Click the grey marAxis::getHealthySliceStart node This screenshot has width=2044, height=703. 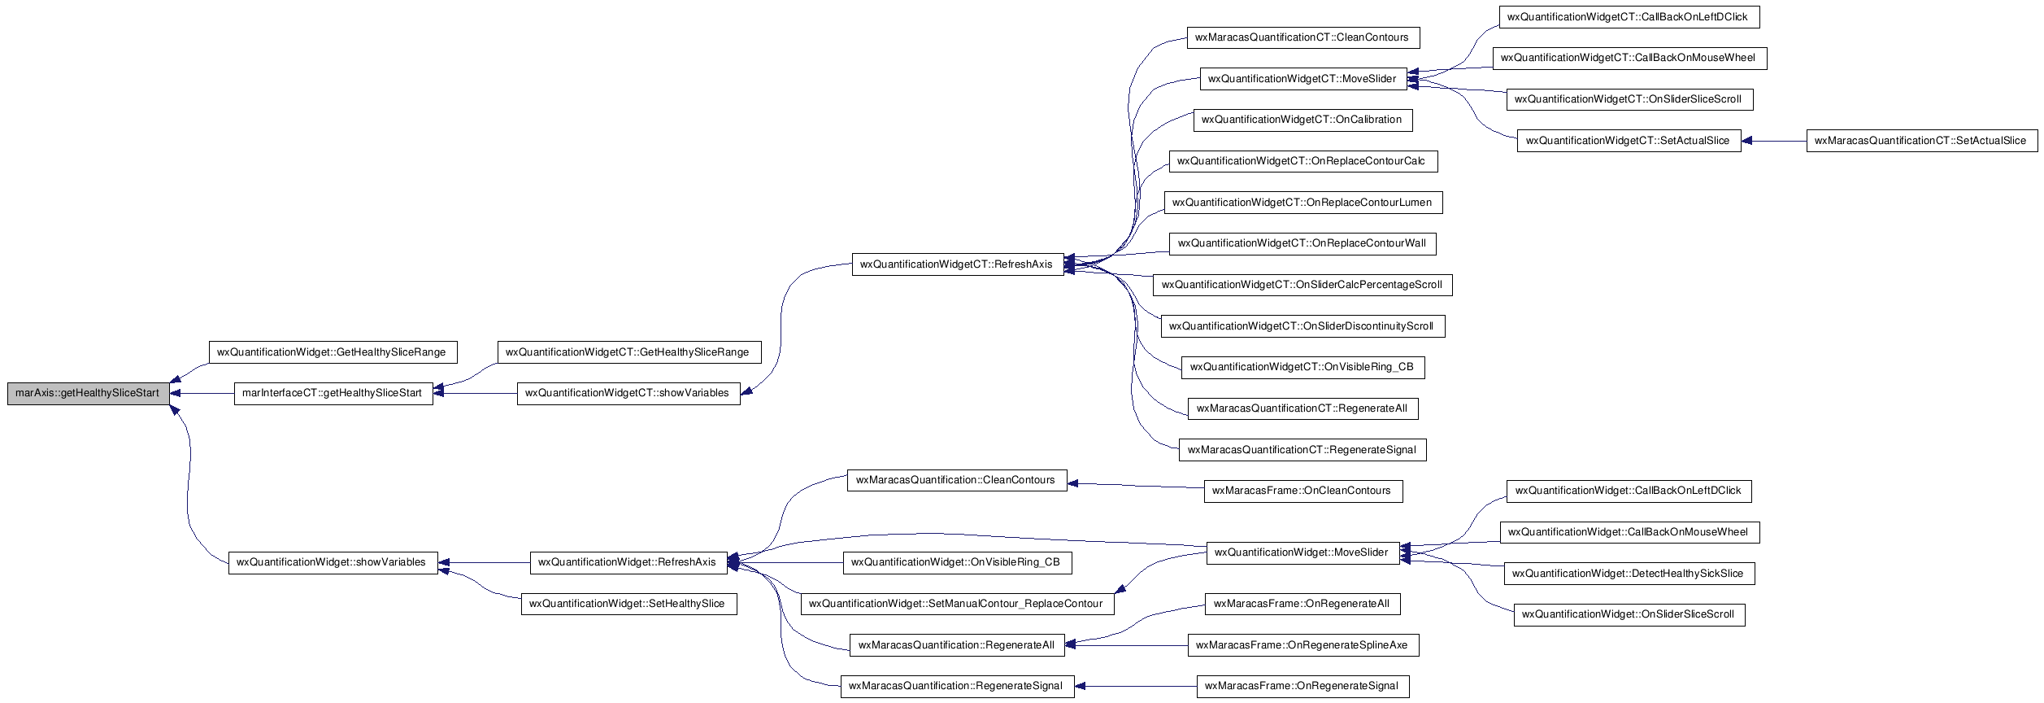88,393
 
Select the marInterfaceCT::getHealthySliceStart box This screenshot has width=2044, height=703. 333,393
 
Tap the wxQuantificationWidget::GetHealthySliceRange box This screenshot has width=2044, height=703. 333,352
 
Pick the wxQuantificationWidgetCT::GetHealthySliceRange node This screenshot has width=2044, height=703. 628,352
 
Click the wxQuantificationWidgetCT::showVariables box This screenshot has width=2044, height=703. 628,393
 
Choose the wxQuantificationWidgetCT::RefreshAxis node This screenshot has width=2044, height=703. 958,264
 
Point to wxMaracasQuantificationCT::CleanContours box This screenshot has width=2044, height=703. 1303,37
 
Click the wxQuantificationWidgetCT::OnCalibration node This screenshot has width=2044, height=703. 1303,120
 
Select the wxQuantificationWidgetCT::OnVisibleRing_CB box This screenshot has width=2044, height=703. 1303,367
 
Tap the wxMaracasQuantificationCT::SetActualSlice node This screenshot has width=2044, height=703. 1921,141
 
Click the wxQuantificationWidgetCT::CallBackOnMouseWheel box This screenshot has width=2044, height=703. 1629,58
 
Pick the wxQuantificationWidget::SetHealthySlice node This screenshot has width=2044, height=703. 628,604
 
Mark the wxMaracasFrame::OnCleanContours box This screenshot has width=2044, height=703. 1303,491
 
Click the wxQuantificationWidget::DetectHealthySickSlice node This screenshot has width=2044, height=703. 1629,574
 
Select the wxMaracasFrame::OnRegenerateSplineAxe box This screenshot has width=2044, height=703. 1303,645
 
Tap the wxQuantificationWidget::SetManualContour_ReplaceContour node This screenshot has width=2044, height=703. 957,604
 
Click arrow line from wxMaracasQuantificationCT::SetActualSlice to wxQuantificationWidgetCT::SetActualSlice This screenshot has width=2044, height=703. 1774,141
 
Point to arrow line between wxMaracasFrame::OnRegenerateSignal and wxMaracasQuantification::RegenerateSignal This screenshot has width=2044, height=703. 1136,686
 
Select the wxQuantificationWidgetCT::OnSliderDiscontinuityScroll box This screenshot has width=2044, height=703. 1303,326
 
